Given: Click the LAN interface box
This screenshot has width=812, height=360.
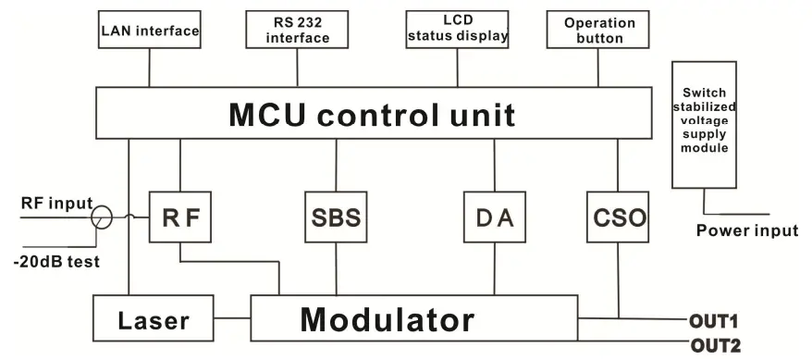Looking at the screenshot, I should point(149,31).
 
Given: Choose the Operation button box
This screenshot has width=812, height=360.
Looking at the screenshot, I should point(598,30).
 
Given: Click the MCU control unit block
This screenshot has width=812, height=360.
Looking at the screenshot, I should point(371,115).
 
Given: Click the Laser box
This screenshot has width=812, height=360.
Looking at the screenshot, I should point(154,320).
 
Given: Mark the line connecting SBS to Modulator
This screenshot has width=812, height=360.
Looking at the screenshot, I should point(334,270).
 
